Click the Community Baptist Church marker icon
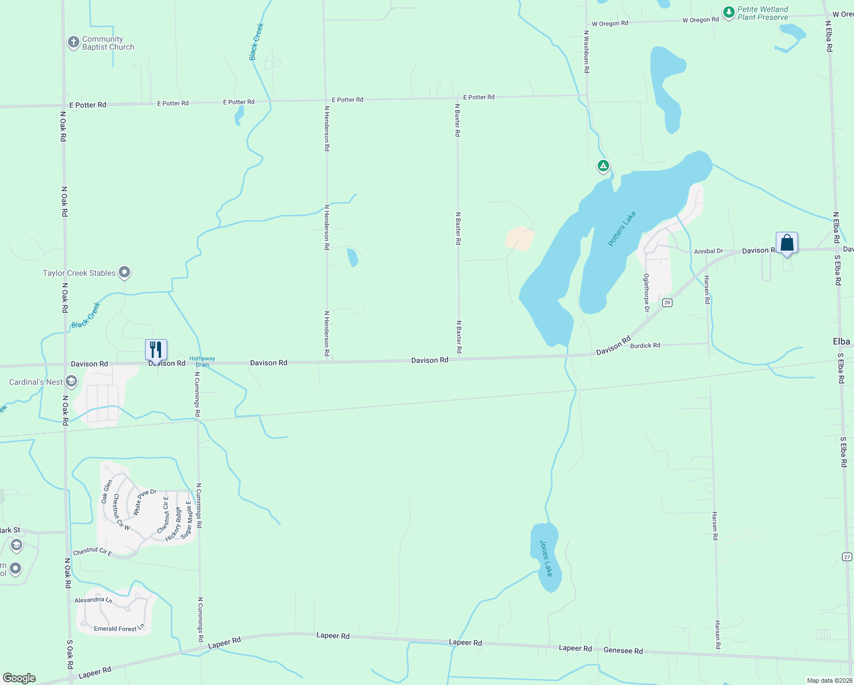[73, 42]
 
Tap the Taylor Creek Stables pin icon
[124, 272]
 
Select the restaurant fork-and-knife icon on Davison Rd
[156, 349]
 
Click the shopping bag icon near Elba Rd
[787, 243]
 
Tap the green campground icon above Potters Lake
[603, 166]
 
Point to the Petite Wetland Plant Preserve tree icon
[728, 12]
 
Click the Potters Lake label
[622, 229]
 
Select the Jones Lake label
[546, 558]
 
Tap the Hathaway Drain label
[202, 362]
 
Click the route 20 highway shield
[667, 303]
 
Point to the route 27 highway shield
[847, 557]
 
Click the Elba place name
[841, 341]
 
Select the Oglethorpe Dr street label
[647, 293]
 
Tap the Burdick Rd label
[645, 345]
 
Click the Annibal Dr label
[708, 251]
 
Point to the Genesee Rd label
[623, 651]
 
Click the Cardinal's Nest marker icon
[71, 381]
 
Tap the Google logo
[19, 678]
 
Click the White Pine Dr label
[144, 502]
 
